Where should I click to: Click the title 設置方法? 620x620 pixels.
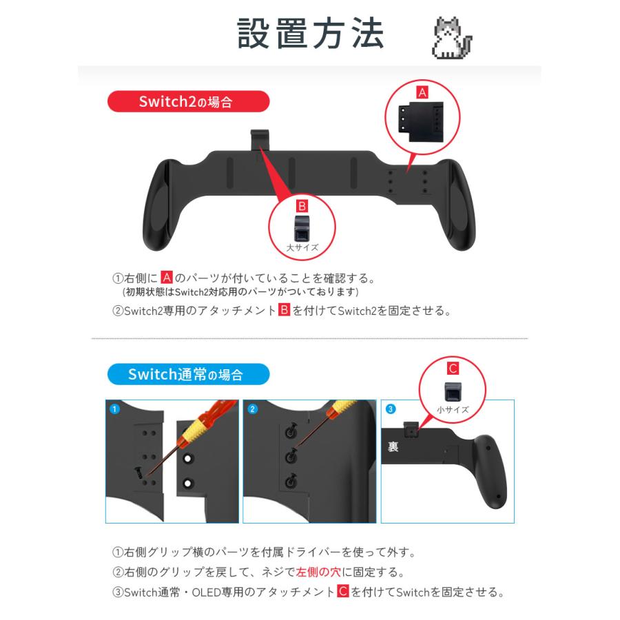click(x=310, y=33)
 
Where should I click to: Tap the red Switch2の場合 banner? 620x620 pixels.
click(x=187, y=103)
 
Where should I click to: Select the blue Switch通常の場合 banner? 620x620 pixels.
click(x=188, y=375)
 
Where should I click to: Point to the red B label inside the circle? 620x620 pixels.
click(x=302, y=205)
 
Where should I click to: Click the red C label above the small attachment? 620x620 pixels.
click(x=453, y=368)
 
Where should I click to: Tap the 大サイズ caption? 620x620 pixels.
click(x=302, y=245)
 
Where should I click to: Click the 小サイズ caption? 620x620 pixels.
click(x=453, y=409)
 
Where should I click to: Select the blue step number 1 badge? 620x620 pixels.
click(x=114, y=409)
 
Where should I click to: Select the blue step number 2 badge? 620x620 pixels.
click(x=252, y=409)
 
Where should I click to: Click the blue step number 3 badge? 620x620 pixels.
click(x=391, y=409)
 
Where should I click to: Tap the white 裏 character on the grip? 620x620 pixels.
click(x=393, y=446)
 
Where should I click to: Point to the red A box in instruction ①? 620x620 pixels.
click(x=166, y=278)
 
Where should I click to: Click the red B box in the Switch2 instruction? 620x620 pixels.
click(x=283, y=311)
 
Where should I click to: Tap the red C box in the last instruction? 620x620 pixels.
click(x=342, y=592)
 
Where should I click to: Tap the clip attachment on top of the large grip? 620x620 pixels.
click(x=259, y=139)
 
